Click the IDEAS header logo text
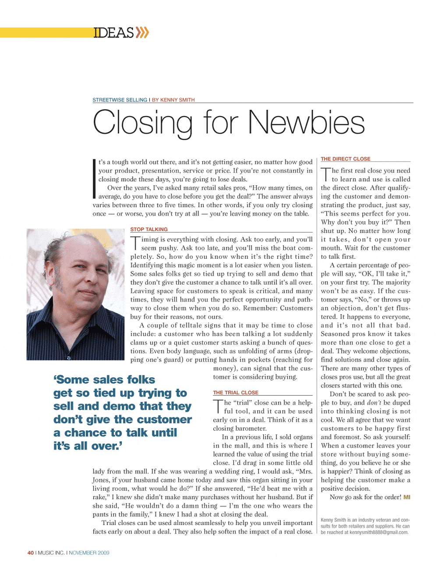tap(113, 33)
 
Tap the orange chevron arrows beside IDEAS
tap(142, 33)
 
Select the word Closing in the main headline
tap(142, 123)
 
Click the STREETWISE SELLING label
tap(120, 100)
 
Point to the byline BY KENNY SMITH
tap(173, 100)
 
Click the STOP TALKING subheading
tap(149, 229)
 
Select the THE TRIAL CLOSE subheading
tap(236, 393)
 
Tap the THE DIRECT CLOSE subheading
tap(346, 159)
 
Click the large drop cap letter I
tap(94, 179)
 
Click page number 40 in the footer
tap(31, 553)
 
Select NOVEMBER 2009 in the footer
tap(89, 553)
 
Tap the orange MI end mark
tap(407, 497)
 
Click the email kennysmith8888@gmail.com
tap(379, 532)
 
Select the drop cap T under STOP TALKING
tap(135, 243)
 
